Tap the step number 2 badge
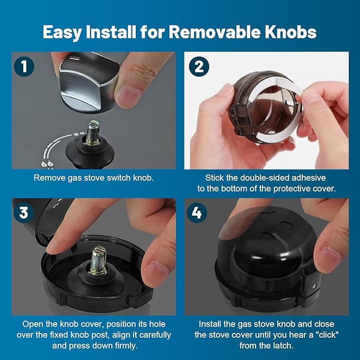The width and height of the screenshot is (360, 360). [x=199, y=67]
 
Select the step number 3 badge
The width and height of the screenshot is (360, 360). [x=24, y=213]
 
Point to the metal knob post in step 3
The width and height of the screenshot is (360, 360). [x=99, y=259]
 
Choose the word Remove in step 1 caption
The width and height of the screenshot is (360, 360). [x=48, y=178]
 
